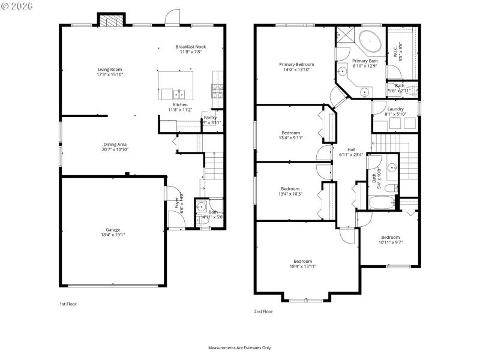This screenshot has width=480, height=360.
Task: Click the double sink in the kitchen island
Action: pyautogui.click(x=179, y=94)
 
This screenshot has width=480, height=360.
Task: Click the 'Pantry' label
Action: pyautogui.click(x=210, y=117)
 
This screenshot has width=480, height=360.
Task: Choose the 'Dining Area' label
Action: pyautogui.click(x=115, y=144)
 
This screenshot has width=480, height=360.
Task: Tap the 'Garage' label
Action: pyautogui.click(x=113, y=230)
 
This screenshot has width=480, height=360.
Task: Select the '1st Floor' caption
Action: pyautogui.click(x=68, y=304)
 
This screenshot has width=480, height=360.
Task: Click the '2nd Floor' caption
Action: pyautogui.click(x=263, y=311)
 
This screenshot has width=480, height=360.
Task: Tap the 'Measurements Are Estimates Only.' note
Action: pyautogui.click(x=240, y=347)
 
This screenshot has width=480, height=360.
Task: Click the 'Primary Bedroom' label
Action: pyautogui.click(x=296, y=64)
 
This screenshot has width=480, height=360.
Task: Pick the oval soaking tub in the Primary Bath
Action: pyautogui.click(x=370, y=42)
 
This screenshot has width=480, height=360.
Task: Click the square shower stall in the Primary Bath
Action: pyautogui.click(x=345, y=35)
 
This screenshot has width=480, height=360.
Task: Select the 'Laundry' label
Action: pyautogui.click(x=395, y=109)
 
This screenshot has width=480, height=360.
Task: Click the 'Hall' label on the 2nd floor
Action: pyautogui.click(x=351, y=149)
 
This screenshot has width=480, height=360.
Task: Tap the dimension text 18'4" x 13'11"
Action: pyautogui.click(x=302, y=266)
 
